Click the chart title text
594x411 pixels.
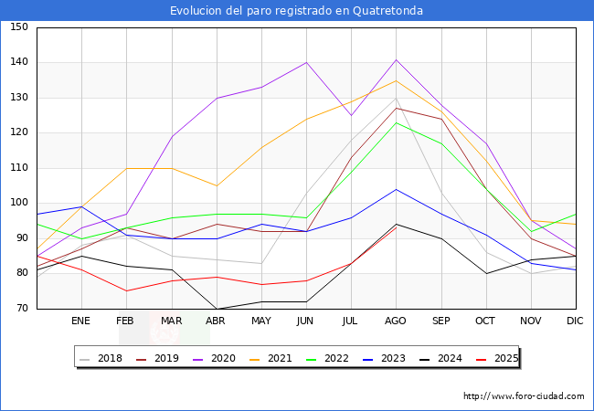(296, 11)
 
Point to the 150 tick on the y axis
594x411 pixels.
(19, 27)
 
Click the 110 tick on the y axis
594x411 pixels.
(19, 168)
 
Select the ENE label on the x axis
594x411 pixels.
(81, 321)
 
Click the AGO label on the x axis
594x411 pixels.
(396, 321)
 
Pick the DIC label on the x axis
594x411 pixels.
(575, 321)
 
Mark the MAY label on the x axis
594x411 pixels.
(261, 321)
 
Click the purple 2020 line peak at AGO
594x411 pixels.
(396, 59)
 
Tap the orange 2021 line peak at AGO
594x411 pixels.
(396, 80)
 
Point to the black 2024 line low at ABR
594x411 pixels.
(217, 309)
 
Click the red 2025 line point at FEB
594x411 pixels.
(126, 290)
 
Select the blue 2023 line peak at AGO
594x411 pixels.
(396, 189)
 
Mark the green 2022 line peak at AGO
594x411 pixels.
(396, 122)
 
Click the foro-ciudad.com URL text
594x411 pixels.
(524, 396)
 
